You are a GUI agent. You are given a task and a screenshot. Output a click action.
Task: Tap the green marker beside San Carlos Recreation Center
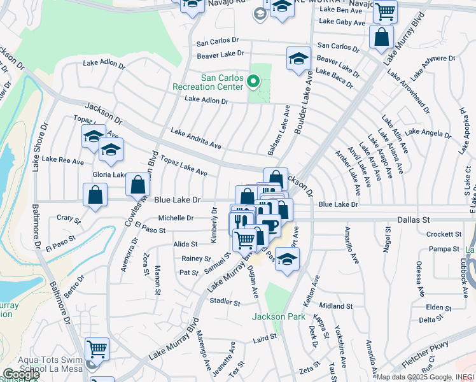tap(253, 81)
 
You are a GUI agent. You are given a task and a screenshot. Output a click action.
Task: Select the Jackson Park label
tap(275, 316)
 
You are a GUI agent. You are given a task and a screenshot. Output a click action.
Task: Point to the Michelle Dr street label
tap(176, 218)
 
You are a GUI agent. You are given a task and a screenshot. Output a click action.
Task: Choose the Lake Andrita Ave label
tap(195, 138)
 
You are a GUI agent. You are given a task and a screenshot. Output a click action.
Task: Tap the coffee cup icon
tap(270, 225)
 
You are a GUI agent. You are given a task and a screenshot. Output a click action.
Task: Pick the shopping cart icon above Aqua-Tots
tap(97, 348)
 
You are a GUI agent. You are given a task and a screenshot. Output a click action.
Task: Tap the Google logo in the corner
tap(21, 374)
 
